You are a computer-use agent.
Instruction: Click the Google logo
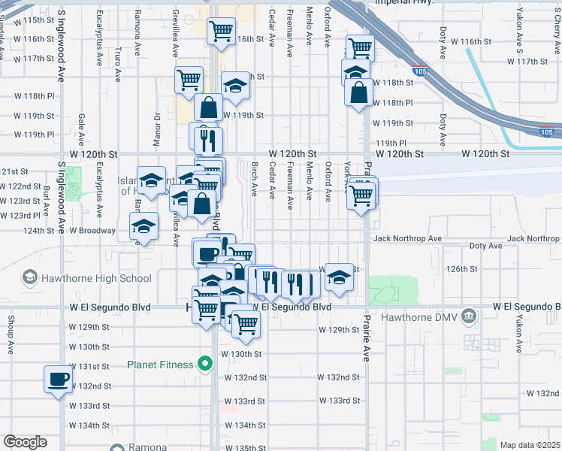(26, 441)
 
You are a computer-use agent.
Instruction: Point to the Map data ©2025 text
(529, 445)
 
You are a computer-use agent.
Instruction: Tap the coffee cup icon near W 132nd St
(58, 379)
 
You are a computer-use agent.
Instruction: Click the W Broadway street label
(92, 231)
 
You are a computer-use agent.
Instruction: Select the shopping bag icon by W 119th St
(209, 107)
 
